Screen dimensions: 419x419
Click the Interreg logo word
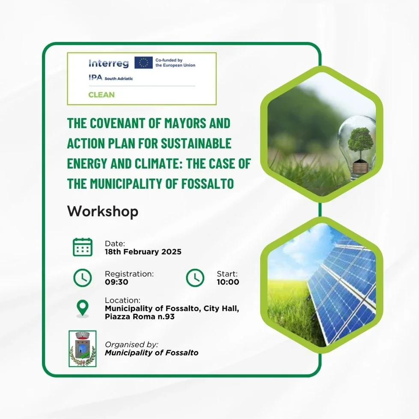(x=108, y=63)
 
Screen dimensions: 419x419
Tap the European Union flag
(x=143, y=62)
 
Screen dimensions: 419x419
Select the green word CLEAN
(x=101, y=95)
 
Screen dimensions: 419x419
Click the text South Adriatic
(x=119, y=79)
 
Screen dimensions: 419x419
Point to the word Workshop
(x=103, y=211)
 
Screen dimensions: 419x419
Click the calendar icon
(x=83, y=247)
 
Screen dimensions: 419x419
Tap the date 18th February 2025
(x=143, y=252)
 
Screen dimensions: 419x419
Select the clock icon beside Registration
(x=83, y=278)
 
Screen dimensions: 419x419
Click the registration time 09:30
(x=116, y=282)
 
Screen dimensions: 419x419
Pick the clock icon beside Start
(x=195, y=278)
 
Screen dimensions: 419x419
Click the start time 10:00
(x=228, y=282)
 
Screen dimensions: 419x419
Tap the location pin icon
(x=83, y=309)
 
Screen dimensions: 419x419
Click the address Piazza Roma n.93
(x=140, y=317)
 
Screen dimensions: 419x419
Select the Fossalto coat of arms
(x=83, y=349)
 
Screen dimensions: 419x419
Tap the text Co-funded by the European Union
(x=175, y=63)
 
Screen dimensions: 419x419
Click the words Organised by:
(x=131, y=345)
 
